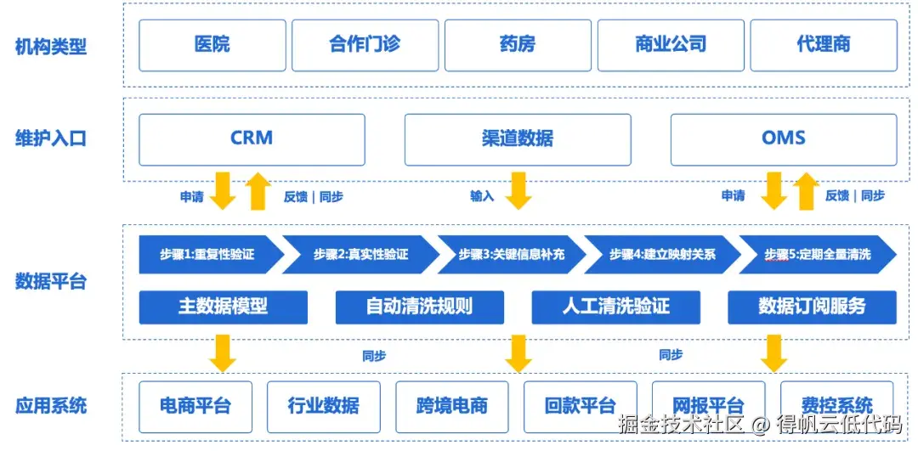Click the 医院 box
[212, 45]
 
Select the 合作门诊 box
[365, 45]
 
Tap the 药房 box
[518, 45]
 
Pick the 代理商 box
[823, 45]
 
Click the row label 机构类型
[51, 46]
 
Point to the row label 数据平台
[51, 281]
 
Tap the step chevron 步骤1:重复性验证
[207, 254]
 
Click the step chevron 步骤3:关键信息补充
[511, 254]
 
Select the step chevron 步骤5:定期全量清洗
[817, 254]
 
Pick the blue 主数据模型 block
[223, 307]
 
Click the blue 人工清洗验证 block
[615, 307]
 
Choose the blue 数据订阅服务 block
[812, 307]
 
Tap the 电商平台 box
[195, 405]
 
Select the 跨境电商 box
[451, 405]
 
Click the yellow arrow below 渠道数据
[518, 190]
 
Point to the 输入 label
[482, 196]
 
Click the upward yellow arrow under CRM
[258, 191]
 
